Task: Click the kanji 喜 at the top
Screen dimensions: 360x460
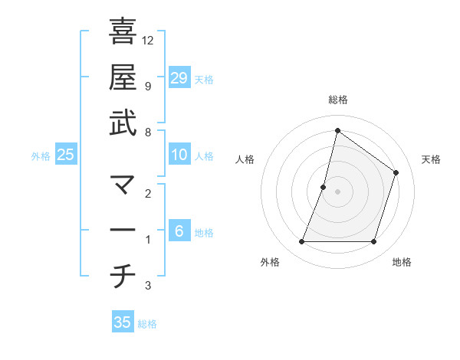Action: click(x=123, y=31)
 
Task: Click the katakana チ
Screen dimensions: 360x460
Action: click(x=123, y=277)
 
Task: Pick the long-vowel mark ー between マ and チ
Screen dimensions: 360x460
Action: click(x=123, y=231)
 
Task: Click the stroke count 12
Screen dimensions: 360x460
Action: click(x=148, y=40)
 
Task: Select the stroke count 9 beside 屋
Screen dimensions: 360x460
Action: click(x=147, y=86)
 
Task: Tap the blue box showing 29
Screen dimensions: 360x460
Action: click(x=179, y=77)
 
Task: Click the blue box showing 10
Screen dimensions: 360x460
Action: click(x=179, y=155)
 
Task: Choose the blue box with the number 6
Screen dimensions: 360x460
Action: click(x=179, y=231)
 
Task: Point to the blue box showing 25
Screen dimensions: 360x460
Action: click(x=66, y=155)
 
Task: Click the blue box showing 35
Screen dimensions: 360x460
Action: click(x=123, y=322)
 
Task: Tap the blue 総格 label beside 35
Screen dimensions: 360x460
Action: click(x=148, y=324)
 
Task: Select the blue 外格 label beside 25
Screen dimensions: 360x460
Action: click(x=41, y=156)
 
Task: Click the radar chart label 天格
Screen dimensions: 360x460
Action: click(x=431, y=159)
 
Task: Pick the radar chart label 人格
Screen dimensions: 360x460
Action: click(x=245, y=159)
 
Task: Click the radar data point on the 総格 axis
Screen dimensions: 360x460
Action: click(x=337, y=130)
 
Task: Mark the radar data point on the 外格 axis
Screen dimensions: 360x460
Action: click(x=301, y=242)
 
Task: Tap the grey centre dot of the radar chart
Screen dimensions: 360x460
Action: click(x=337, y=191)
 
